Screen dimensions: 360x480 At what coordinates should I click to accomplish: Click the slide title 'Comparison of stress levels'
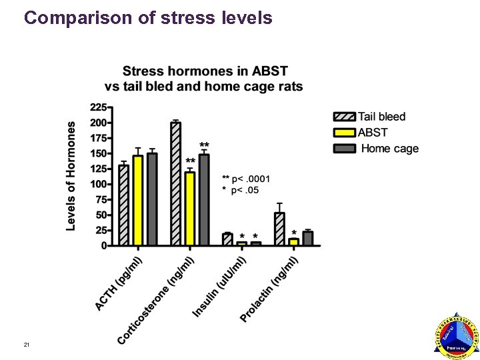(148, 18)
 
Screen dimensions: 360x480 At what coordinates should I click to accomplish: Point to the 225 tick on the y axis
(97, 107)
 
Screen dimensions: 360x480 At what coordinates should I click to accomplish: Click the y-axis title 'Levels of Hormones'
(71, 175)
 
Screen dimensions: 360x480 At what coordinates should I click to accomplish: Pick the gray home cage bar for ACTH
(152, 199)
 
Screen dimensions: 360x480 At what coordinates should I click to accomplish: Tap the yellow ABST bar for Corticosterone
(190, 209)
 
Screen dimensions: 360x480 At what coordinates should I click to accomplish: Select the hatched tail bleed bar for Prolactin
(279, 229)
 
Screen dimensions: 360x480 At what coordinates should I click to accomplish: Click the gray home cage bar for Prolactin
(307, 239)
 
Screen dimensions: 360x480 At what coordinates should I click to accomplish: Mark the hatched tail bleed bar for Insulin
(227, 239)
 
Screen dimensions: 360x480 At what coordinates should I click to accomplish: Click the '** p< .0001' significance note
(246, 179)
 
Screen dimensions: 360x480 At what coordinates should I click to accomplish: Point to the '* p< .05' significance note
(244, 191)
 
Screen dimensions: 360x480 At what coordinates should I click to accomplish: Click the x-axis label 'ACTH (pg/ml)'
(120, 282)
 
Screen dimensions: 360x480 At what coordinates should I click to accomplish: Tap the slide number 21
(26, 345)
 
